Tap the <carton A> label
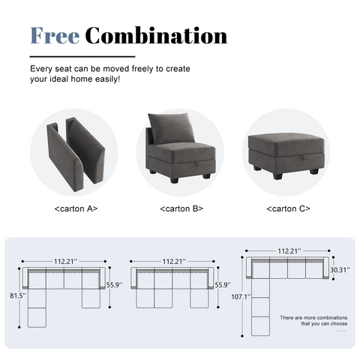coord(76,208)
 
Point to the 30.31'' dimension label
coord(339,270)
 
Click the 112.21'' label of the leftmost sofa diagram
coord(65,262)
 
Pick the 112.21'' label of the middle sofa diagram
coord(173,262)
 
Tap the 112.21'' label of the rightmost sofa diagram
coord(289,252)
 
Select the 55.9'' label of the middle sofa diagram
coord(223,286)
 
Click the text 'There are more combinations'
coord(313,318)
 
